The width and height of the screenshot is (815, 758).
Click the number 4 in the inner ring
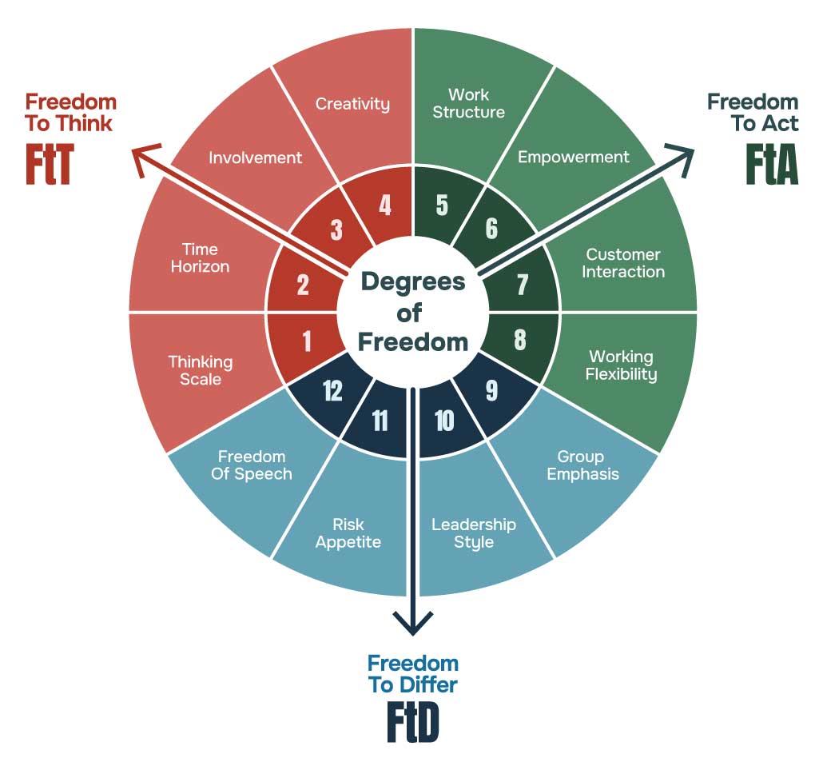click(x=385, y=205)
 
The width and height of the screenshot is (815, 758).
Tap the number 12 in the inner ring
click(x=332, y=391)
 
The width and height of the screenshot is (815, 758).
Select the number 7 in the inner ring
click(x=522, y=285)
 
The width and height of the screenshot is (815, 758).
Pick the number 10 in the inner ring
click(x=445, y=421)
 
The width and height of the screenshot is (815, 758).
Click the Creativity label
click(x=352, y=104)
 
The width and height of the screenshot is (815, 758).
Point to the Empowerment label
click(x=573, y=158)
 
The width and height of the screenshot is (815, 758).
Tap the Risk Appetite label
click(x=348, y=533)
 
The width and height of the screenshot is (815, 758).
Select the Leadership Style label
click(x=474, y=533)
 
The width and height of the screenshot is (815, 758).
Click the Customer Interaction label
click(x=623, y=263)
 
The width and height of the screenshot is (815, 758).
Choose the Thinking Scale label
click(x=201, y=370)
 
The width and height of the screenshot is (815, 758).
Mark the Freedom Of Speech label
click(x=252, y=465)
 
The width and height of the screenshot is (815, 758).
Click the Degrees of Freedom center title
click(x=412, y=311)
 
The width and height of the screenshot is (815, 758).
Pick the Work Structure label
click(x=468, y=104)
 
